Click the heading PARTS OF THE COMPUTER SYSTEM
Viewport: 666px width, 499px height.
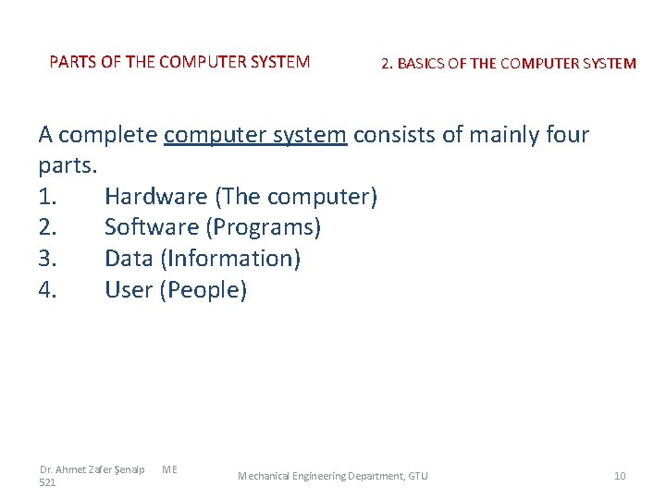click(179, 63)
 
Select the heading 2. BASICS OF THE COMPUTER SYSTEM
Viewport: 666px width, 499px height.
click(508, 64)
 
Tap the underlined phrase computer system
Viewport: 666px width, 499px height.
click(255, 135)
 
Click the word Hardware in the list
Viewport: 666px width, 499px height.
click(155, 197)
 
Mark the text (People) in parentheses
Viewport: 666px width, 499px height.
click(203, 290)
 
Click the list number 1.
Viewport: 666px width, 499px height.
click(47, 197)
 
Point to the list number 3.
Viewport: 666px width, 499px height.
click(47, 259)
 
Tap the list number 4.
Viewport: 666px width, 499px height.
click(48, 290)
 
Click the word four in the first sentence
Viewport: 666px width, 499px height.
click(561, 135)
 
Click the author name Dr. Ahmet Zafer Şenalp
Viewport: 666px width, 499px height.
click(92, 469)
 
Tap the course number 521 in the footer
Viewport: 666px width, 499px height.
click(47, 482)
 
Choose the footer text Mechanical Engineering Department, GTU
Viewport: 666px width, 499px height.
click(333, 476)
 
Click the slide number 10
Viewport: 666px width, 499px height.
click(620, 476)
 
